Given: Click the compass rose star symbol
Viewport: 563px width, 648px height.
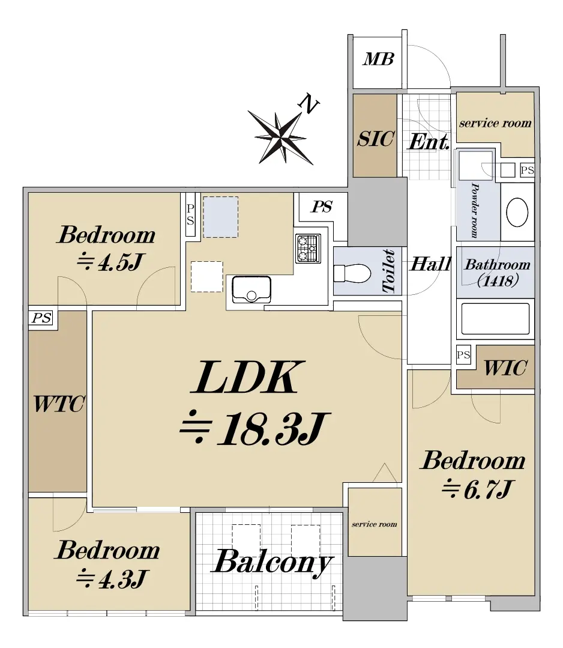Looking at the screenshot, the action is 281,136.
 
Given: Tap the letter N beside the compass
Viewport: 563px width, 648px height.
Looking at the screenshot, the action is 309,103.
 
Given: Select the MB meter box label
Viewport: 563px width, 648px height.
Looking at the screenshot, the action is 378,59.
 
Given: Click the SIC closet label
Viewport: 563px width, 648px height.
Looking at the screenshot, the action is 376,139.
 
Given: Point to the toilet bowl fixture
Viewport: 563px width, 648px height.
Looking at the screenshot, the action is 352,273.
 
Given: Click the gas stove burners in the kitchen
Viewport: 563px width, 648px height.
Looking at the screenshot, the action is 308,249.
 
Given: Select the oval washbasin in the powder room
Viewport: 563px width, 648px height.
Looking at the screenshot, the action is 517,213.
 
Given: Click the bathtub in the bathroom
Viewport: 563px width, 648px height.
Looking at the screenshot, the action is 495,319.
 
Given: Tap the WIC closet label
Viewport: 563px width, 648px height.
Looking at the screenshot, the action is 505,368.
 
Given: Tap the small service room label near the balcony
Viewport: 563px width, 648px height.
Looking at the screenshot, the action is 374,524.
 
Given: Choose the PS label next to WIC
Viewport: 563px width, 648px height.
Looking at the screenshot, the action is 463,354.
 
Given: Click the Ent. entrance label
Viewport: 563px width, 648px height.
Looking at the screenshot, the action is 429,142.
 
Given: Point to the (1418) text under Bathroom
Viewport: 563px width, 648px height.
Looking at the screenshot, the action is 498,281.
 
